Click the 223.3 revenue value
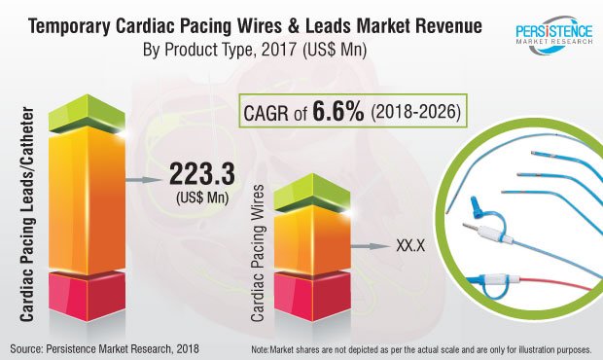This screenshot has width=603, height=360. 202,174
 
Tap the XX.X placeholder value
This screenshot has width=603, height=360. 410,246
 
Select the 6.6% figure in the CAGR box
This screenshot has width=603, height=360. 338,111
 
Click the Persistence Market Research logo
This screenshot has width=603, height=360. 554,35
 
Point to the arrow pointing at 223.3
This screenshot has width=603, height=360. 145,180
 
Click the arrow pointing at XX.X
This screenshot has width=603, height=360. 371,246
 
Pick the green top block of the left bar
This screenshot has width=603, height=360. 87,114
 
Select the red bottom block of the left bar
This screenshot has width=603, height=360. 87,296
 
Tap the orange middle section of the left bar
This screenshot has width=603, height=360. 87,200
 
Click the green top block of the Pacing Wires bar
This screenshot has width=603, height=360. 312,193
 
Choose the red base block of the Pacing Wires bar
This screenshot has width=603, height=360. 312,296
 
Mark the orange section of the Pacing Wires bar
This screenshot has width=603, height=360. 312,239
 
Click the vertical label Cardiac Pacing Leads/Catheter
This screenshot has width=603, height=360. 27,214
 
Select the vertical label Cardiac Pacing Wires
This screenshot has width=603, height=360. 258,253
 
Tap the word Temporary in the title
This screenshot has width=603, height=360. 70,27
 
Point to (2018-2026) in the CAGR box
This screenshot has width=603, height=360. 415,112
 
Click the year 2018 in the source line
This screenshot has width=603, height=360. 188,349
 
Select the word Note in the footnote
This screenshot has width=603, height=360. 260,349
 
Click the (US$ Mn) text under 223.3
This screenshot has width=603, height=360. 202,198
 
